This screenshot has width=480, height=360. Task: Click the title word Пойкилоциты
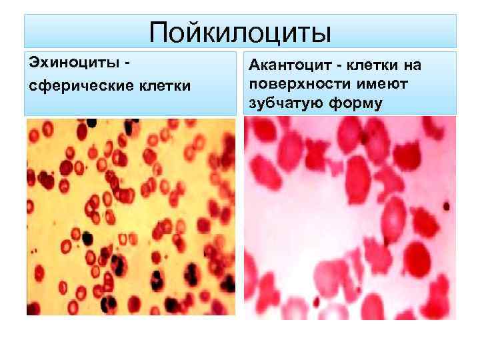(240, 32)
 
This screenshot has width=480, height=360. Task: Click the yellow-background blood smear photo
(131, 217)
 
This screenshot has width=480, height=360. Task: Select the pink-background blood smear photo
(349, 217)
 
